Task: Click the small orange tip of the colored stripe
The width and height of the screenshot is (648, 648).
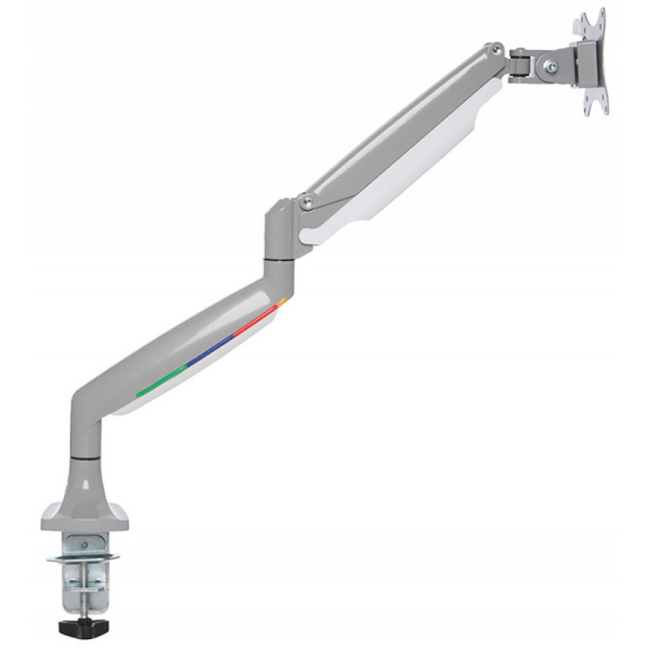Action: [282, 303]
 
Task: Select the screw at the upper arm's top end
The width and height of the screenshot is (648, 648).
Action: [493, 50]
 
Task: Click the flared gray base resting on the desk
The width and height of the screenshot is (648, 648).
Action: [85, 510]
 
